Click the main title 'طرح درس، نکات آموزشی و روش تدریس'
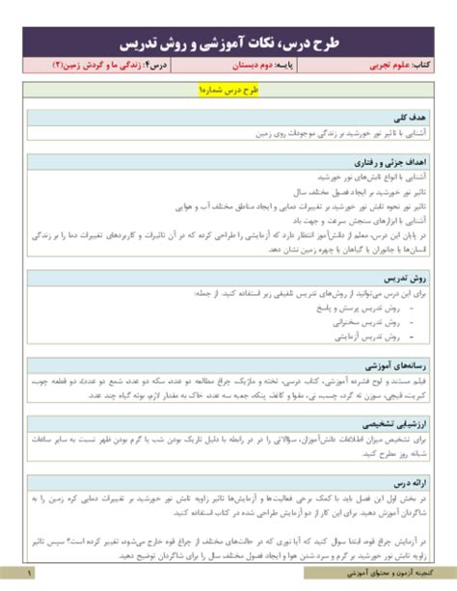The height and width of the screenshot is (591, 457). [228, 42]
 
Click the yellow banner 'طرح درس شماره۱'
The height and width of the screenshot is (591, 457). [228, 92]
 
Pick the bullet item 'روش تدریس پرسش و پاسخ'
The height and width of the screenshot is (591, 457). [367, 308]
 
